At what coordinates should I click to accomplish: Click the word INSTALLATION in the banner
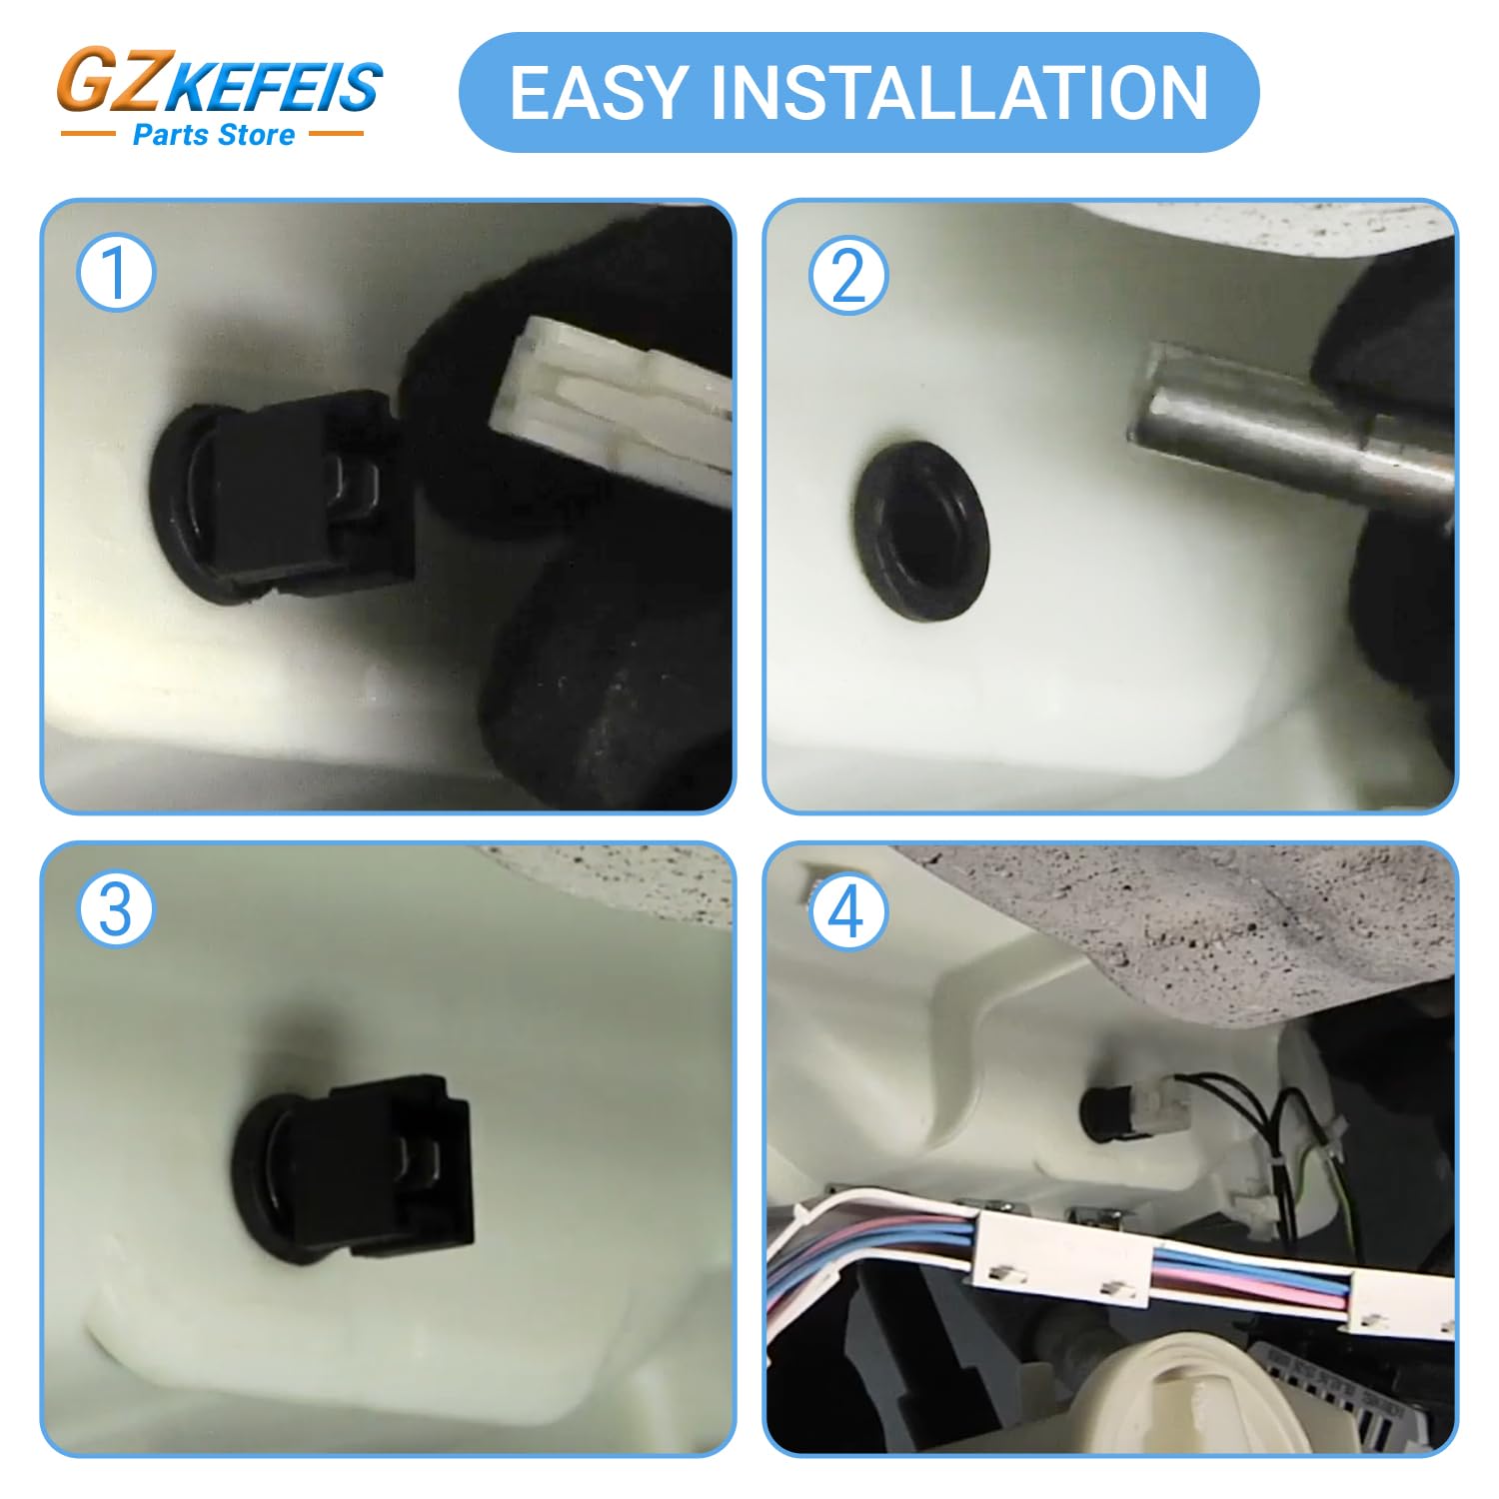[959, 93]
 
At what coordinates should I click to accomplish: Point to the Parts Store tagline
[214, 135]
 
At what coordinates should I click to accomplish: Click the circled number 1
[116, 273]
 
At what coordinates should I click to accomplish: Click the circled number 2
[847, 275]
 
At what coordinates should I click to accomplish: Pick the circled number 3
[116, 910]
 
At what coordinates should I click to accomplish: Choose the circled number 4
[847, 911]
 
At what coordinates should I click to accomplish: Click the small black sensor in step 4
[1105, 1113]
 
